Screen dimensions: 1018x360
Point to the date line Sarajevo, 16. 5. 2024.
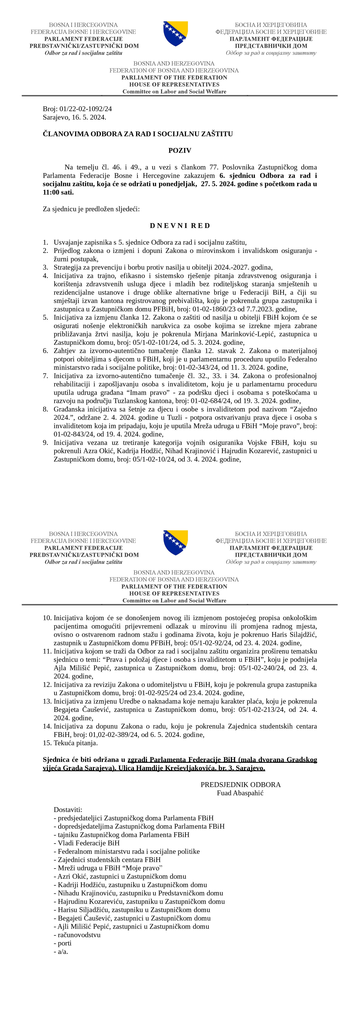[74, 117]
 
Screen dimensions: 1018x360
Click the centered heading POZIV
[180, 151]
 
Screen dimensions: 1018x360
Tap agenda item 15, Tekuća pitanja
[75, 743]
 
